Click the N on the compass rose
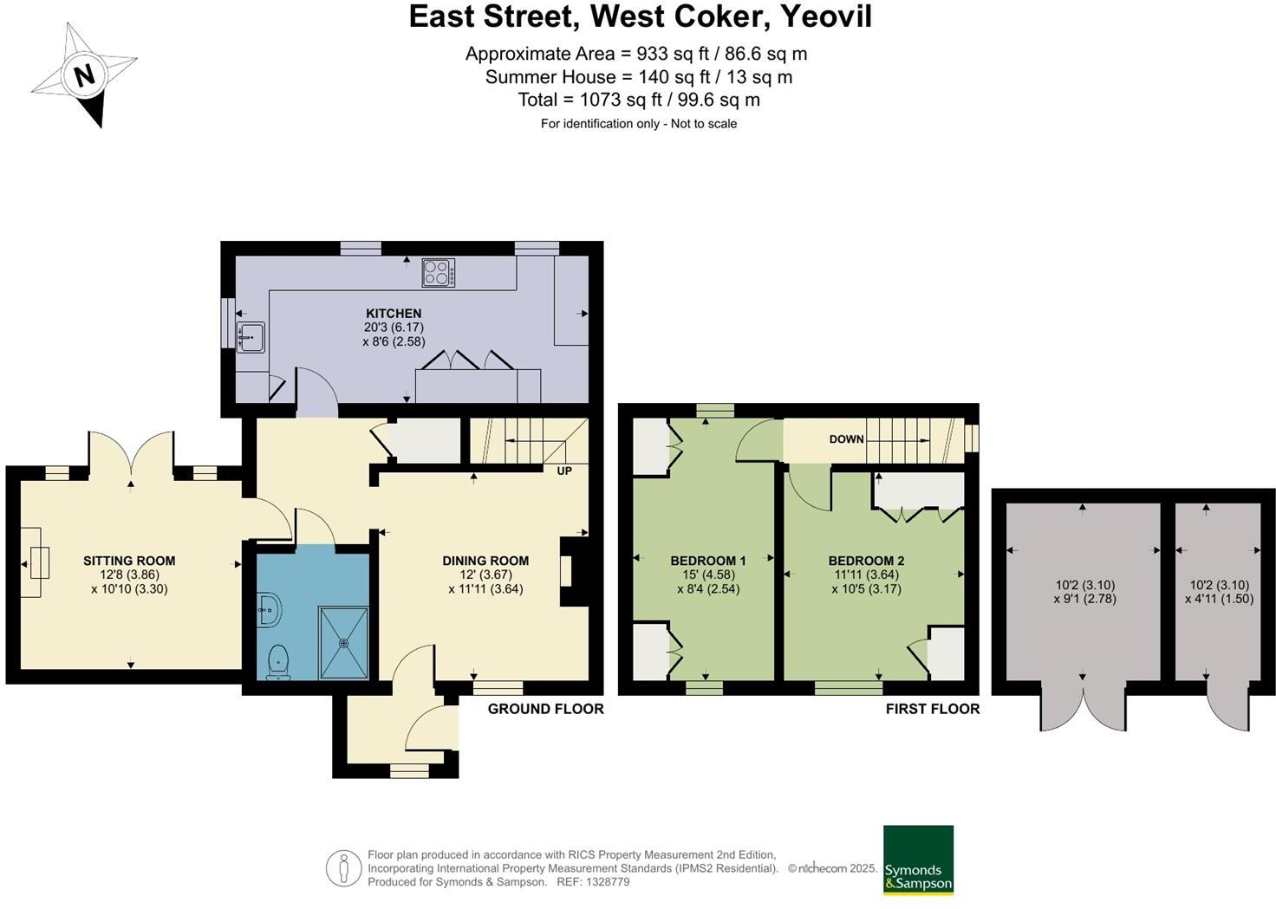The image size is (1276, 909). [84, 75]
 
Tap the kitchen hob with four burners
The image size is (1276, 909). [439, 272]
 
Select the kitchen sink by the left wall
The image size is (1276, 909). [251, 336]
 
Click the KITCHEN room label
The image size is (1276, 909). [394, 314]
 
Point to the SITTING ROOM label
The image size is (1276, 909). [129, 561]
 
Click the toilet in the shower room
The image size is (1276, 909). [278, 661]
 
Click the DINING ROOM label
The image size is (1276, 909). [485, 561]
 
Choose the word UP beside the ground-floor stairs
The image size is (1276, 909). [564, 471]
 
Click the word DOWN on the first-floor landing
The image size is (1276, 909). [846, 439]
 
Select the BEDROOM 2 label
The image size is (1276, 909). [866, 561]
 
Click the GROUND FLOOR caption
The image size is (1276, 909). [545, 709]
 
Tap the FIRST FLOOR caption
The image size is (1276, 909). [932, 709]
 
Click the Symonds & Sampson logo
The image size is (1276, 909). [918, 860]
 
